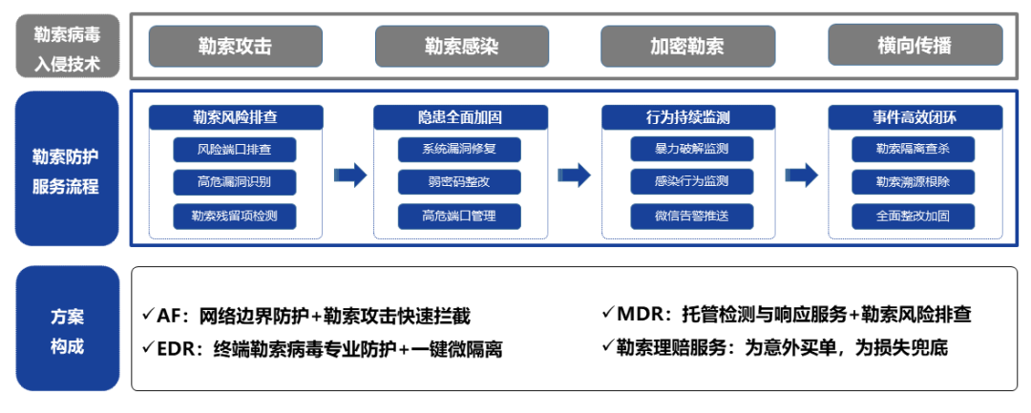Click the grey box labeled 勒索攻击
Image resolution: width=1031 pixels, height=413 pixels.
point(236,46)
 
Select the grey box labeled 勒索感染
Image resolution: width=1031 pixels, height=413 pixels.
point(462,46)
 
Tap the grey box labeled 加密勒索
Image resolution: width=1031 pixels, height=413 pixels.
point(687,46)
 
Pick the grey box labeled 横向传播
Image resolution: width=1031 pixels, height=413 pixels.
point(915,45)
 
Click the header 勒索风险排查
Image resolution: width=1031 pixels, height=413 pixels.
point(236,117)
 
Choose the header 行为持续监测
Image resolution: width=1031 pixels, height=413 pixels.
point(688,117)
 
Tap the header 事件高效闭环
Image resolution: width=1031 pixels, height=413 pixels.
point(915,117)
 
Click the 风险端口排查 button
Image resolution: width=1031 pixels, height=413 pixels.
point(235,150)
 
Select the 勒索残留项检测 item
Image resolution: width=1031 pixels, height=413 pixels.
point(235,217)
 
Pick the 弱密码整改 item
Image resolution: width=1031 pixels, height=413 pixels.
point(459,182)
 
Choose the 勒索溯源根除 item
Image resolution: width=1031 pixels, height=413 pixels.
point(914,182)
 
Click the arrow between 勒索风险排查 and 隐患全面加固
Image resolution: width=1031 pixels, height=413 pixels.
point(349,176)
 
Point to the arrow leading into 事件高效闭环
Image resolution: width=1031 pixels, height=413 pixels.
point(802,176)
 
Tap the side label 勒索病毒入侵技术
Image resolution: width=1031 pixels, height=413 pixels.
point(67,46)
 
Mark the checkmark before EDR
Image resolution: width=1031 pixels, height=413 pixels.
point(149,346)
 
